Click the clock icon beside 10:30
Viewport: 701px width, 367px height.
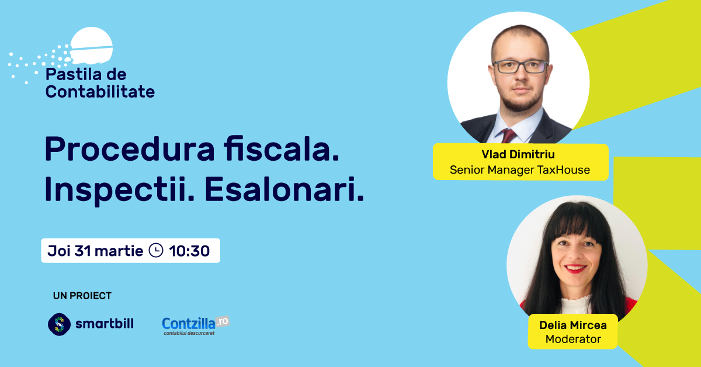156,251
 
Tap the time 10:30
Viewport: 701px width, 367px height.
189,251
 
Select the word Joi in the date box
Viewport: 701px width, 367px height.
59,251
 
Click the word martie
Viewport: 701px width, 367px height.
119,251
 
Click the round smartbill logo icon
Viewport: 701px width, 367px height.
59,324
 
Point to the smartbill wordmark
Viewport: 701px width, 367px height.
105,323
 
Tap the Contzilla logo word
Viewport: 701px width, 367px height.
188,324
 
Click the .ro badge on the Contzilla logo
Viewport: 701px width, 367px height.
223,321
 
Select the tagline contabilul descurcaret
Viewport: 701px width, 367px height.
189,333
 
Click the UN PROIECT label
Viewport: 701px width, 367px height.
82,296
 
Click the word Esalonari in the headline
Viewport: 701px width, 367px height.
284,189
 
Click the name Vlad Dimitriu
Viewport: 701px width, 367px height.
518,154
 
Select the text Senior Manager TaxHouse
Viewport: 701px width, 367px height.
520,169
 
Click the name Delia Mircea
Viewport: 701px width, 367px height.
573,325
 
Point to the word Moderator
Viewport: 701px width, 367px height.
573,339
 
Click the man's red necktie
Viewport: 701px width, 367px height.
509,136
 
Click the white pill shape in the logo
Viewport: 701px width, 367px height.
91,46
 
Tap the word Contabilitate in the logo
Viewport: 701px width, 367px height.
100,92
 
